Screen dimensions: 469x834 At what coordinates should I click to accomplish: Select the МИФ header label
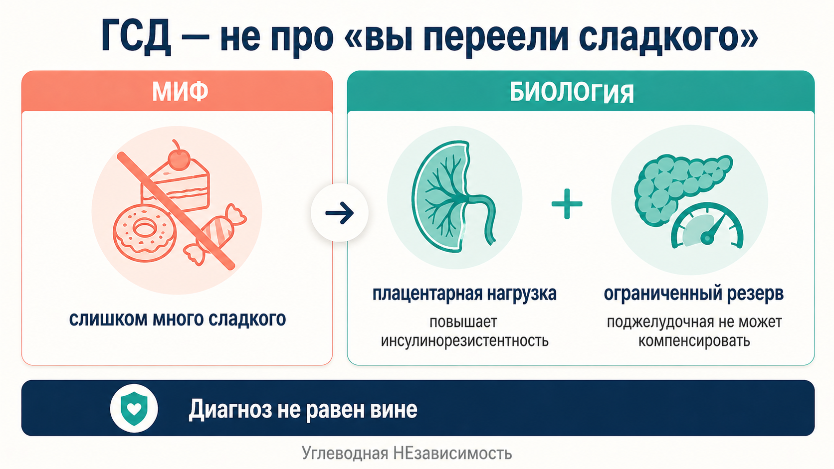pyautogui.click(x=180, y=92)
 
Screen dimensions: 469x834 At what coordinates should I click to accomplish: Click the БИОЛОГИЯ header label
pyautogui.click(x=572, y=93)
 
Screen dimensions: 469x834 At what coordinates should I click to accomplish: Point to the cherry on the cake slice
pyautogui.click(x=179, y=158)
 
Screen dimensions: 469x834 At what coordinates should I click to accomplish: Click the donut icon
pyautogui.click(x=144, y=230)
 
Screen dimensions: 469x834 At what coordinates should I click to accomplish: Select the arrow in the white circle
pyautogui.click(x=340, y=213)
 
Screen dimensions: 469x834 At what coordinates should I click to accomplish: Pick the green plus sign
pyautogui.click(x=567, y=204)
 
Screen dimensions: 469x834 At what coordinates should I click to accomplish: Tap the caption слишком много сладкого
pyautogui.click(x=177, y=319)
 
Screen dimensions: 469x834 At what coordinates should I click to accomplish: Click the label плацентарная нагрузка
pyautogui.click(x=464, y=294)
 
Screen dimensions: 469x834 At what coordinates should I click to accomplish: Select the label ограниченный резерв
pyautogui.click(x=693, y=294)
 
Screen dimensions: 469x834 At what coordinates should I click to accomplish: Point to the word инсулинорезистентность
pyautogui.click(x=464, y=341)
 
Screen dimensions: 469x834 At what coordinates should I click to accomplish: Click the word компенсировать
pyautogui.click(x=694, y=341)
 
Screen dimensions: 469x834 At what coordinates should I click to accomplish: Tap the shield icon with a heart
pyautogui.click(x=134, y=408)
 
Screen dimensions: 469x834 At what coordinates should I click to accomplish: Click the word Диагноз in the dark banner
pyautogui.click(x=230, y=410)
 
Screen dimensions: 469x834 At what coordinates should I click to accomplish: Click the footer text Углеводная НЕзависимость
pyautogui.click(x=407, y=454)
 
